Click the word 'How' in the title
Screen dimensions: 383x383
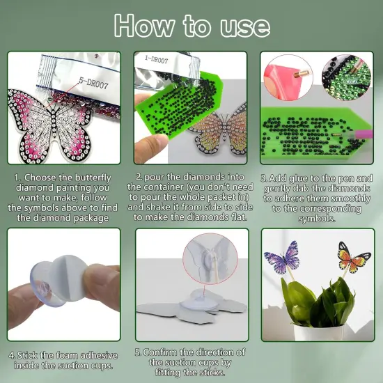click(144, 26)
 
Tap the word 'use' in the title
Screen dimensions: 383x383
click(245, 27)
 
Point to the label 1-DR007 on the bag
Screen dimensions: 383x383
click(156, 59)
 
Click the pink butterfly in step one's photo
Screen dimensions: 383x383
click(50, 125)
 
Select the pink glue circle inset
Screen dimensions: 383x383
click(288, 78)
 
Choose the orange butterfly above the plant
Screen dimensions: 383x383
click(354, 257)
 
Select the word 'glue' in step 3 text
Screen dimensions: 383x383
click(299, 179)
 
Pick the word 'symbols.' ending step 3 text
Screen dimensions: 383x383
click(317, 219)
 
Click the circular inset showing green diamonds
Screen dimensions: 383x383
click(347, 78)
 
